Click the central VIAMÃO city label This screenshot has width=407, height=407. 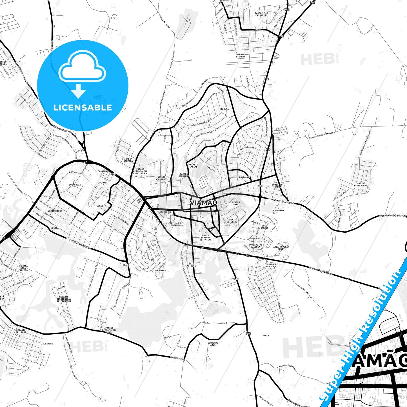(203, 203)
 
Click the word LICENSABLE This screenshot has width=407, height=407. (83, 108)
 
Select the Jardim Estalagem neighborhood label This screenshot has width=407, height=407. (360, 184)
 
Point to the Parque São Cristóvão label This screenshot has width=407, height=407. (261, 14)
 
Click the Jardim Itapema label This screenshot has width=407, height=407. (240, 55)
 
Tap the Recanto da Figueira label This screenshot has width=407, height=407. (64, 299)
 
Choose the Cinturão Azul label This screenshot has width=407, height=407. (213, 344)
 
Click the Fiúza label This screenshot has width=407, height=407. (266, 335)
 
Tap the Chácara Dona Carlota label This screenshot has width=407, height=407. (23, 268)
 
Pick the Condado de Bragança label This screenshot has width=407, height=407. (271, 265)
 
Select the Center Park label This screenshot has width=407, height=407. (236, 203)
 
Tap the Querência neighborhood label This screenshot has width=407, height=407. (75, 185)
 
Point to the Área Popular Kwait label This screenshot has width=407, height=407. (281, 248)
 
